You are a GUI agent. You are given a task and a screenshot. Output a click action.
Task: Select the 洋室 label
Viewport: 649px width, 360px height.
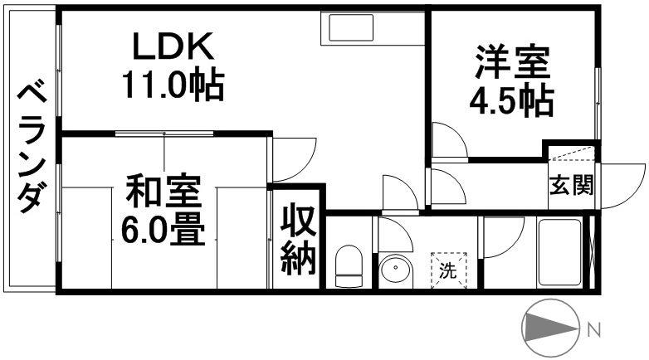pos(511,65)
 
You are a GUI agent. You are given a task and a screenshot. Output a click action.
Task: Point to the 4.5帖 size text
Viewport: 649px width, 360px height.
pos(512,100)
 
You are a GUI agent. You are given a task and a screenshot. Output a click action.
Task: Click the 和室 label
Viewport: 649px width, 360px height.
pos(163,194)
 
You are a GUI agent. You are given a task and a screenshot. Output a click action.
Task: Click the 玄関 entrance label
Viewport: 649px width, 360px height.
pos(571,185)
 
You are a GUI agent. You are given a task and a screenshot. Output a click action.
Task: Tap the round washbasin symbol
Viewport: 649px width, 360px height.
pos(396,270)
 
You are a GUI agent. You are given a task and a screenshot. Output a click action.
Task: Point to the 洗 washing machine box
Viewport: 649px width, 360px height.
pos(448,270)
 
